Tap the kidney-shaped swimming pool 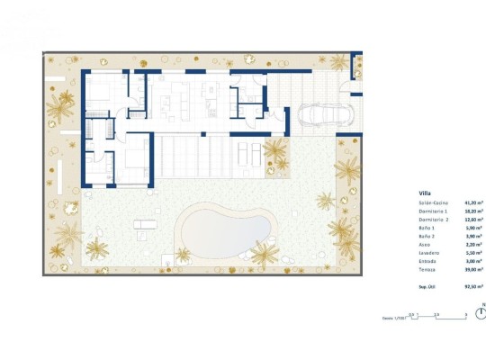pyautogui.click(x=225, y=229)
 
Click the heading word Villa pyautogui.click(x=423, y=193)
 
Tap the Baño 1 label pyautogui.click(x=426, y=229)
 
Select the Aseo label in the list pyautogui.click(x=424, y=245)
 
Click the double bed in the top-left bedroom pyautogui.click(x=98, y=92)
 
